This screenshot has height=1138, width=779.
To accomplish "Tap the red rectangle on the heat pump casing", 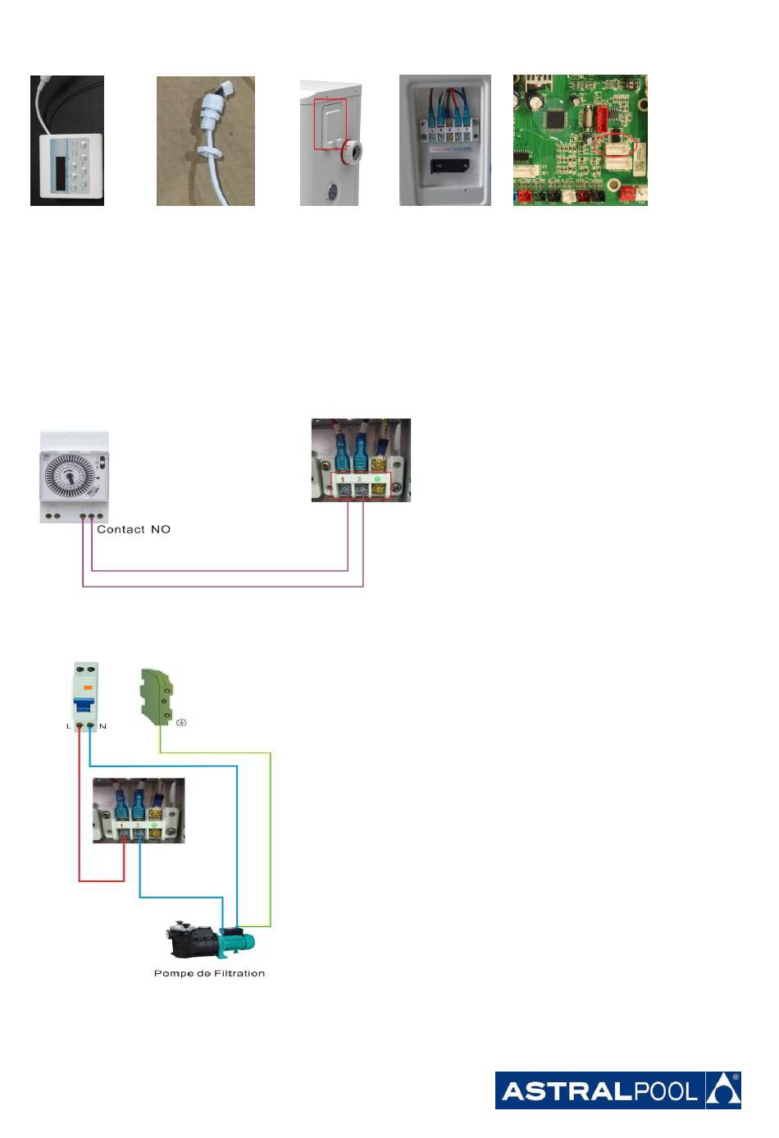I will tap(330, 124).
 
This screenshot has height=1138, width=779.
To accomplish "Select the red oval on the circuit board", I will tap(617, 145).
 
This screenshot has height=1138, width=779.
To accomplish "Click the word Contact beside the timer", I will tap(121, 530).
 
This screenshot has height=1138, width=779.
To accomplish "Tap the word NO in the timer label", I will tap(161, 530).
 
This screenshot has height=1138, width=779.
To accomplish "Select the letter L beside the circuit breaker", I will tap(69, 726).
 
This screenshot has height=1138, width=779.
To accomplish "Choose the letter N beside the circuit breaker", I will tap(102, 726).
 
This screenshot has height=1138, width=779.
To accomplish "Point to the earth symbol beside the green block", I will tap(181, 723).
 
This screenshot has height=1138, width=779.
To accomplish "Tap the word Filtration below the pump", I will tap(234, 974).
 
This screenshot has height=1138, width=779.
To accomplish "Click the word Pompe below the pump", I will tap(172, 974).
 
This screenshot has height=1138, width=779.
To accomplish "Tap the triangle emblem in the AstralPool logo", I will tap(723, 1090).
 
